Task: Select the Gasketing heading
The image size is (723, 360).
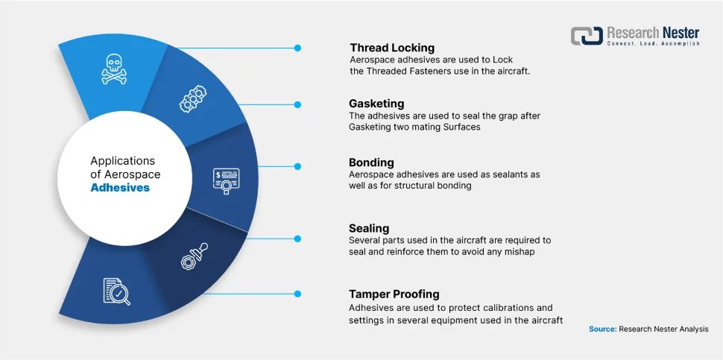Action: pyautogui.click(x=377, y=104)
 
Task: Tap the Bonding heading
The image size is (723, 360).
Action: pyautogui.click(x=371, y=162)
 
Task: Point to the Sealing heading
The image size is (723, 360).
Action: pyautogui.click(x=369, y=228)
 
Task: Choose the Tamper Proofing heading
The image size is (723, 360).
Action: pyautogui.click(x=394, y=294)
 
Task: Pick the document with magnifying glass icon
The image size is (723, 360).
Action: pyautogui.click(x=116, y=291)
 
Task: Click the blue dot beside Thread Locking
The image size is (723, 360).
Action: pyautogui.click(x=297, y=48)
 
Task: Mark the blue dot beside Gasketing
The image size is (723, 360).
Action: pyautogui.click(x=297, y=105)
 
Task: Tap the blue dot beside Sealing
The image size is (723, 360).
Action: pyautogui.click(x=297, y=239)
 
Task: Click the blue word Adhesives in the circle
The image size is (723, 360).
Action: pyautogui.click(x=120, y=188)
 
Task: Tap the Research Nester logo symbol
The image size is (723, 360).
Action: pyautogui.click(x=587, y=36)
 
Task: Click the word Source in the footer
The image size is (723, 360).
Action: pyautogui.click(x=602, y=329)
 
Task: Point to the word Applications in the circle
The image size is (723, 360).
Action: pyautogui.click(x=123, y=160)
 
